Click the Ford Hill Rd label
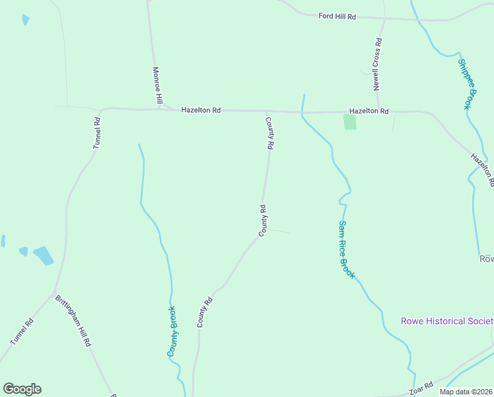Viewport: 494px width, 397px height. (x=337, y=16)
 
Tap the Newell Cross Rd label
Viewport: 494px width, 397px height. (x=376, y=64)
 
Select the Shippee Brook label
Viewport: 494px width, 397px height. (x=466, y=83)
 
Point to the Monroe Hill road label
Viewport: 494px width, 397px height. (x=157, y=85)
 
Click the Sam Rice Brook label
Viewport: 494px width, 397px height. (x=347, y=249)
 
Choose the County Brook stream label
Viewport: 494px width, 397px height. (x=172, y=331)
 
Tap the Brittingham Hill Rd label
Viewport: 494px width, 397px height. (x=73, y=321)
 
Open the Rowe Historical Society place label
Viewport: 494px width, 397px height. (x=446, y=322)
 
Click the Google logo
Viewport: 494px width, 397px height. (x=22, y=389)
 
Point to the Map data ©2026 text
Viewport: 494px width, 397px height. (x=464, y=392)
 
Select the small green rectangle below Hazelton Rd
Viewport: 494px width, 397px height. (x=349, y=122)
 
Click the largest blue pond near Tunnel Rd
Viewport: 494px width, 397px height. (x=43, y=255)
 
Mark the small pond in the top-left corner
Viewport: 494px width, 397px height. (x=25, y=20)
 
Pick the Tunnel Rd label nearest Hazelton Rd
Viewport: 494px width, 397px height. (x=96, y=132)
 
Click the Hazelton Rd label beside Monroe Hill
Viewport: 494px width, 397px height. (x=201, y=110)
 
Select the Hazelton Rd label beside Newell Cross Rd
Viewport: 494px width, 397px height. (x=369, y=112)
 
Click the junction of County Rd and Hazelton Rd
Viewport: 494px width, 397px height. (x=266, y=111)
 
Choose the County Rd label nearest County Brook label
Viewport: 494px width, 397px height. (x=205, y=312)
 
